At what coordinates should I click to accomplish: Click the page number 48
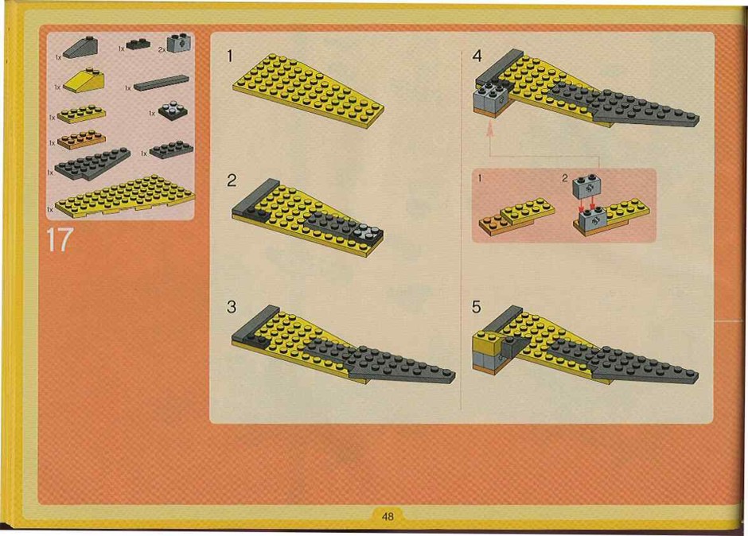tap(388, 516)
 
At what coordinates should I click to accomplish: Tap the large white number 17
tap(60, 240)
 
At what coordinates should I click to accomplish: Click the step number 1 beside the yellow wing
tap(230, 56)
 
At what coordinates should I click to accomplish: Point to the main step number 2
tap(232, 181)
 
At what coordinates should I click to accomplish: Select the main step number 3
tap(232, 306)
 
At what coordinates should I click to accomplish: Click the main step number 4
tap(477, 56)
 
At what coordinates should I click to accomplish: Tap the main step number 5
tap(477, 307)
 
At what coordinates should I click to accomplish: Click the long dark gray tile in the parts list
tap(162, 83)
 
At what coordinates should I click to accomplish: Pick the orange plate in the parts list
tap(81, 139)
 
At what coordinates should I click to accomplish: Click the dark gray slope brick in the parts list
tap(81, 48)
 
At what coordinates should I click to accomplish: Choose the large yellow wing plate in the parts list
tap(125, 196)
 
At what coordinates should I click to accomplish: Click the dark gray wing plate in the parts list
tap(92, 164)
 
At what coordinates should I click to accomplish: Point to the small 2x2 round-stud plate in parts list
tap(173, 111)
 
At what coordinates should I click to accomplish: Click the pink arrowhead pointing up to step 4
tap(489, 128)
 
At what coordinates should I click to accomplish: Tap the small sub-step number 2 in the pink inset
tap(565, 178)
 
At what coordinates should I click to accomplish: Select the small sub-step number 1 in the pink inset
tap(480, 178)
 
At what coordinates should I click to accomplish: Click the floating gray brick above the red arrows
tap(586, 186)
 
